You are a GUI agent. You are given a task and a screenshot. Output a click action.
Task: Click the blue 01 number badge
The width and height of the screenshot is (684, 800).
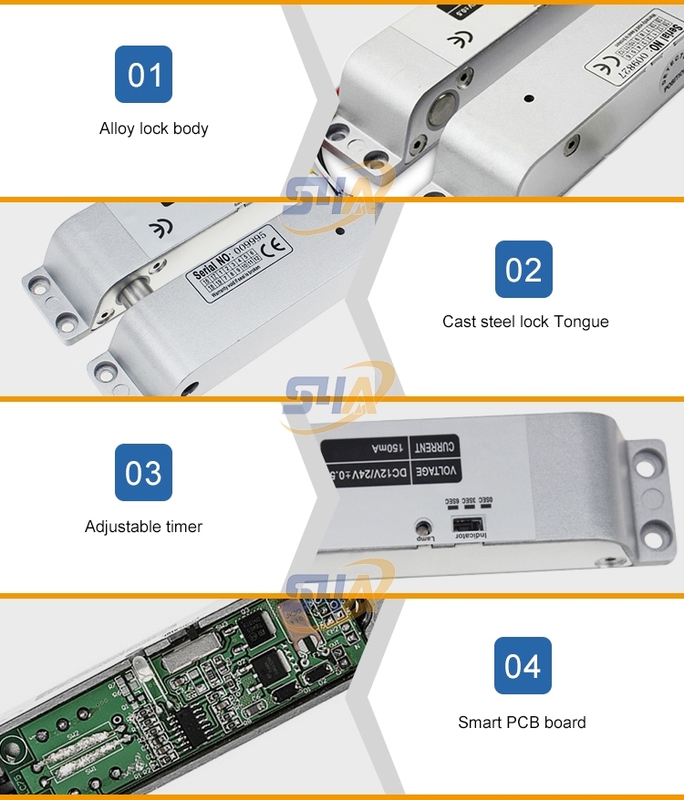click(x=144, y=74)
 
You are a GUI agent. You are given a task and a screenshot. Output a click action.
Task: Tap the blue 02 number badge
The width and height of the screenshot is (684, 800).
click(x=523, y=269)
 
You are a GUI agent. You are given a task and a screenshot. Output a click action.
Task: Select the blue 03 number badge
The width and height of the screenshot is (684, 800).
click(x=143, y=473)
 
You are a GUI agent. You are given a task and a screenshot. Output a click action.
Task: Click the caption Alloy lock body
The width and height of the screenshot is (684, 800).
click(x=153, y=128)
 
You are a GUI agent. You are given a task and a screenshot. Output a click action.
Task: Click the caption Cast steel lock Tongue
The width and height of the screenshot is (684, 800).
click(x=525, y=322)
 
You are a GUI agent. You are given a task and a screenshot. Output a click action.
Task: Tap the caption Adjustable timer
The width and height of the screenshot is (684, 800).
click(x=143, y=527)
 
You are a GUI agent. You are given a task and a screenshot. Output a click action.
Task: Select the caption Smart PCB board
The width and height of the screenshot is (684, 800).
click(x=522, y=723)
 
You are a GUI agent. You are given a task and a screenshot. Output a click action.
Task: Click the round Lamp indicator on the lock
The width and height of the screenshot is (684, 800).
click(x=422, y=527)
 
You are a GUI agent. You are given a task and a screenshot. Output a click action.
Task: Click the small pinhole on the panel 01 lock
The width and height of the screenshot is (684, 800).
click(x=527, y=95)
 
